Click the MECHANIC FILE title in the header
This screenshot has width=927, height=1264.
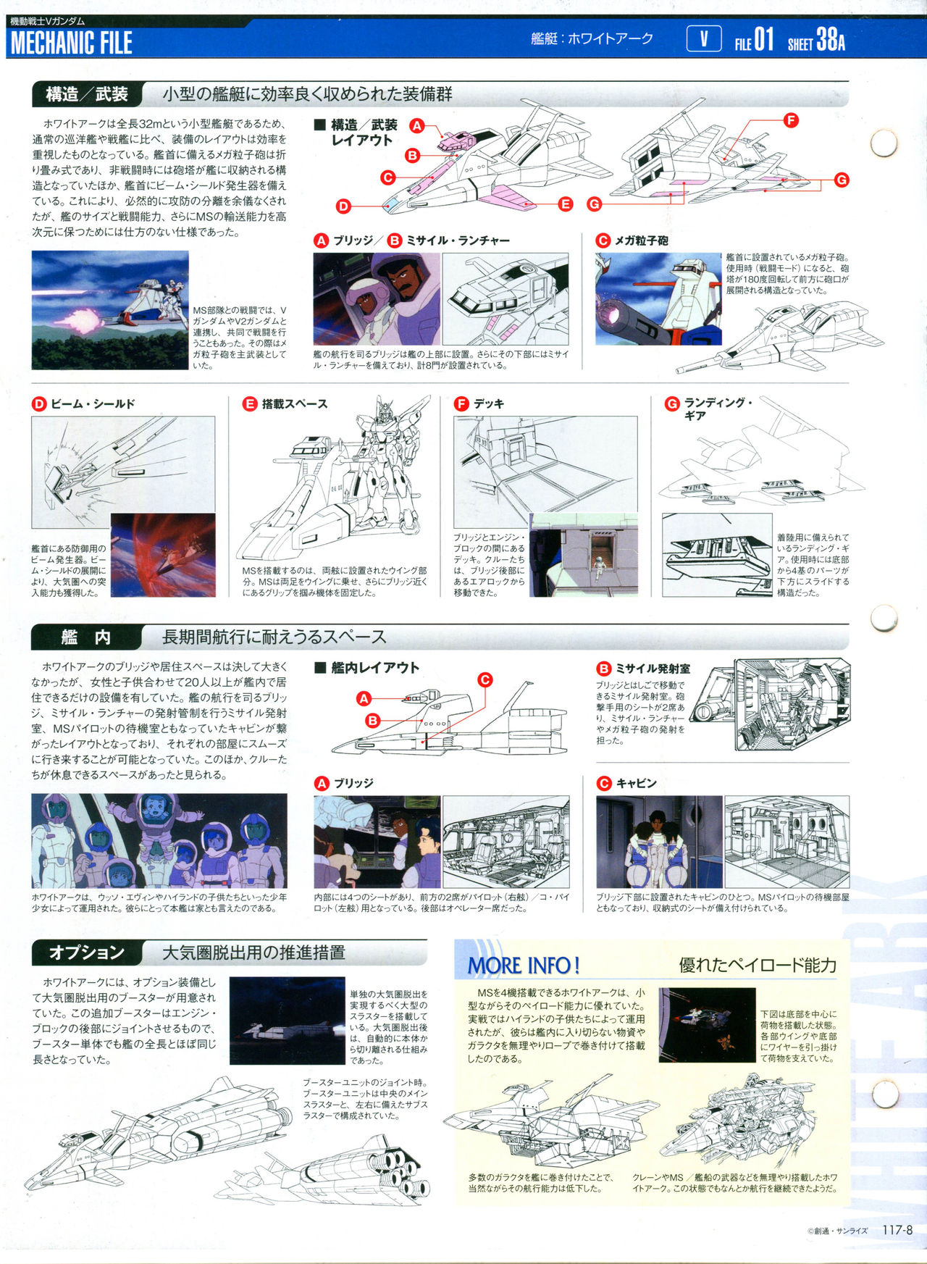click(71, 43)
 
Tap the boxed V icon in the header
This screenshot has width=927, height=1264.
click(703, 38)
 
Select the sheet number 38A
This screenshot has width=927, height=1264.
click(831, 39)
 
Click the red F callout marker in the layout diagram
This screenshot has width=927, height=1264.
click(791, 120)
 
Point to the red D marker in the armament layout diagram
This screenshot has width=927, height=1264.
click(343, 206)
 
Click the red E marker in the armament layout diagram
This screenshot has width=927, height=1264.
click(566, 204)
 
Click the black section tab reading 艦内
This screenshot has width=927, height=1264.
click(86, 637)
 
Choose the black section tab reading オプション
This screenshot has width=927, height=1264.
click(86, 953)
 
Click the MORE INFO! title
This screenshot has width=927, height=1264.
click(524, 966)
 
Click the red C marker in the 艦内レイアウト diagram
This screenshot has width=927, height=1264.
click(485, 679)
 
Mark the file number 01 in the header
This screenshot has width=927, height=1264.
click(764, 39)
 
